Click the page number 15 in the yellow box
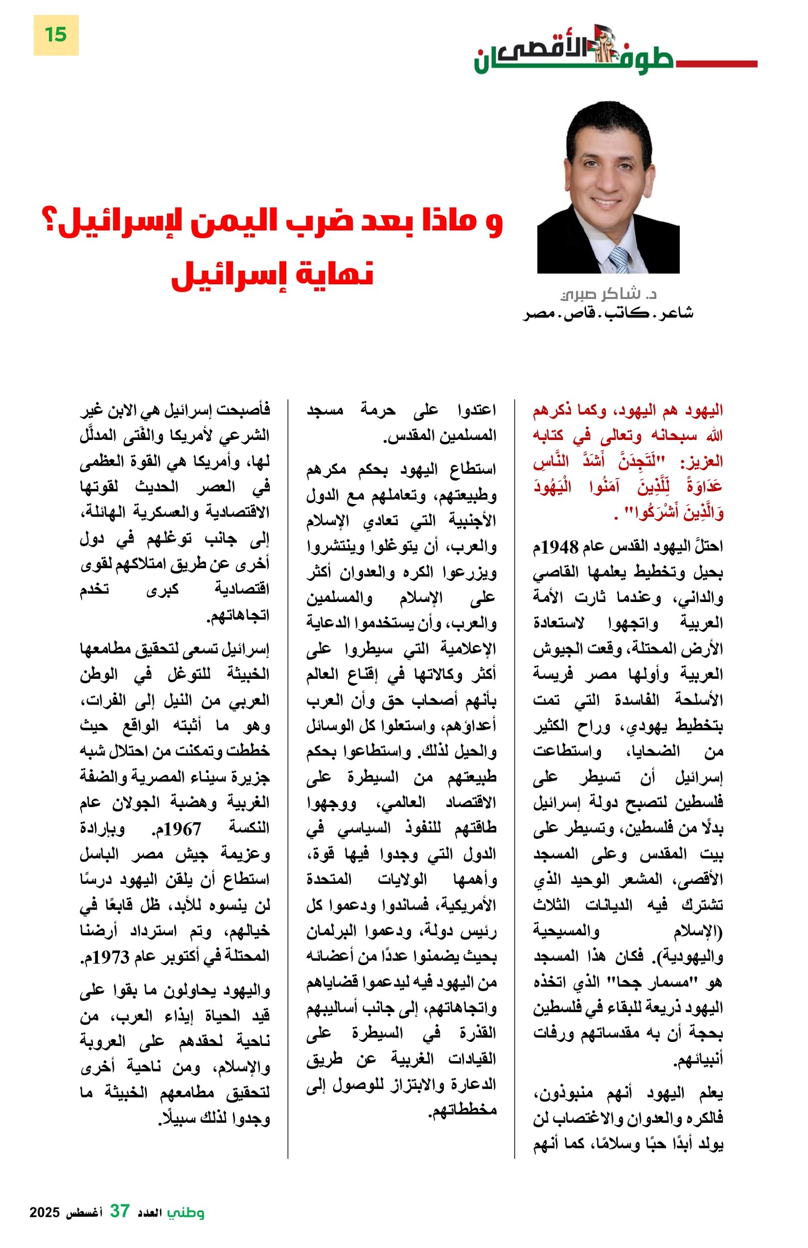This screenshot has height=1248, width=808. click(x=56, y=35)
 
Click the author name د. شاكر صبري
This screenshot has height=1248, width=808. click(x=608, y=293)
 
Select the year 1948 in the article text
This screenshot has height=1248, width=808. click(x=560, y=547)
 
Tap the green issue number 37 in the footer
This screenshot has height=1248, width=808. click(x=120, y=1211)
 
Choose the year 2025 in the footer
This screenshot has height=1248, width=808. click(x=44, y=1212)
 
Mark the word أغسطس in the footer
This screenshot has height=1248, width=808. click(x=84, y=1212)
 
